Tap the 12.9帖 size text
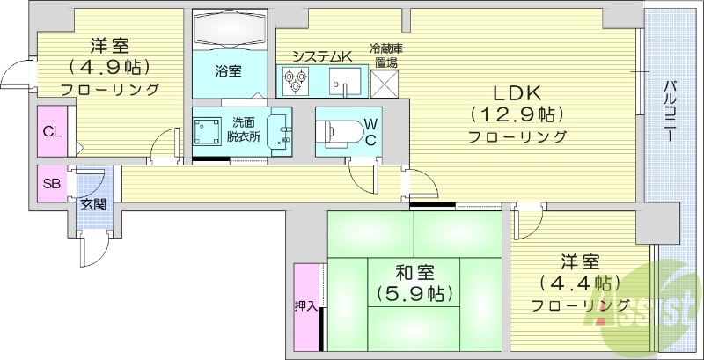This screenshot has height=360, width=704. [516, 114]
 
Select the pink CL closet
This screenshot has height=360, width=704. [52, 131]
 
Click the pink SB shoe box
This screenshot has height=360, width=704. [51, 184]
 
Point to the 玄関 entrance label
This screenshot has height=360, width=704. [92, 204]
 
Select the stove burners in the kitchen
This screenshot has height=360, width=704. [295, 81]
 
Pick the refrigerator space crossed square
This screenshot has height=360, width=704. [385, 82]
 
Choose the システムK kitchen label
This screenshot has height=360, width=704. [322, 56]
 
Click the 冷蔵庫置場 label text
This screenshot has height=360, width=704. [385, 55]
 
